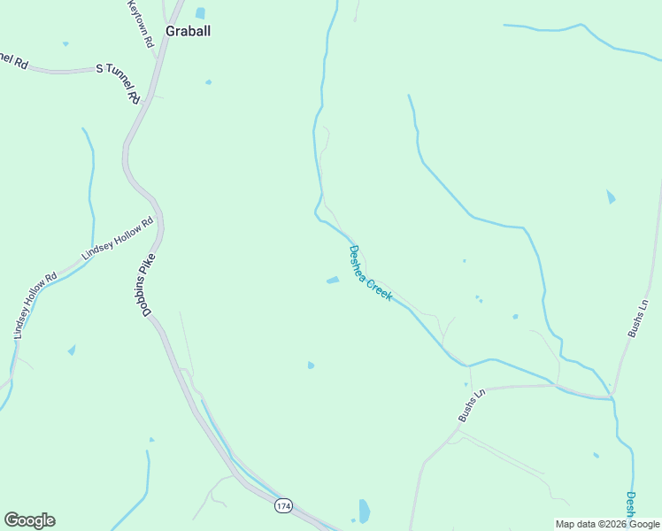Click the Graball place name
click(x=188, y=30)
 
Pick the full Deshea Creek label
click(x=370, y=273)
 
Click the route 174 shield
click(x=282, y=505)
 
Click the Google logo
click(x=29, y=520)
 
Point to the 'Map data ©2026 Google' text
click(x=607, y=524)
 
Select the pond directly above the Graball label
click(x=200, y=13)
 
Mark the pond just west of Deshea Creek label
click(x=333, y=281)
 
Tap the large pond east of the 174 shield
click(x=364, y=511)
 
